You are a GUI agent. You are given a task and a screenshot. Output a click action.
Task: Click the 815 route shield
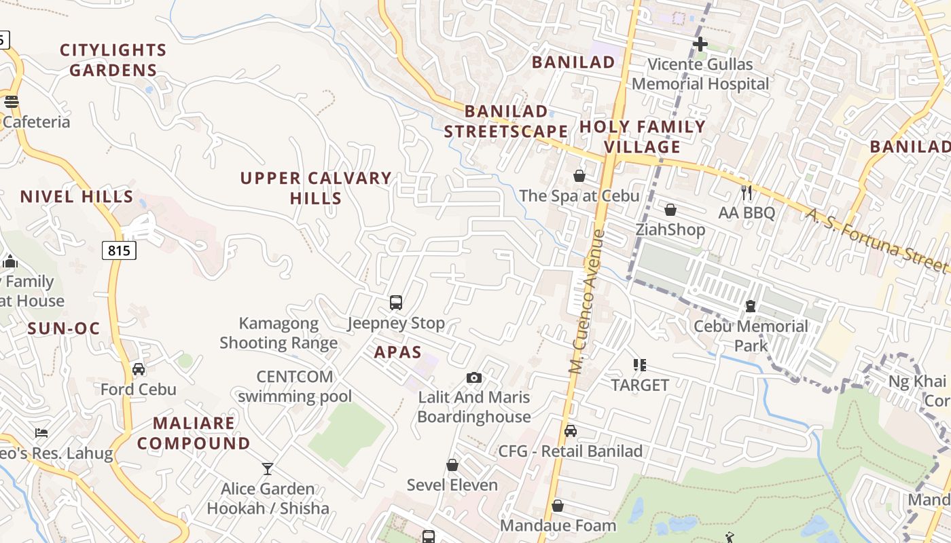tap(119, 250)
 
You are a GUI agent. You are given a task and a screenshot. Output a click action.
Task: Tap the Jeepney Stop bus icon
tap(396, 303)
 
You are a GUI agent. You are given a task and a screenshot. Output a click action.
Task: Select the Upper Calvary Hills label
tap(316, 188)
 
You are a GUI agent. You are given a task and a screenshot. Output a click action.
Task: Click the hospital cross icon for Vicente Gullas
tap(700, 45)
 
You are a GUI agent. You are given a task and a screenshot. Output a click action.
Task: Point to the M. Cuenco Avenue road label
tap(587, 302)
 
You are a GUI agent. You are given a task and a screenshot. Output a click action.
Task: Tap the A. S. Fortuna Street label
tap(876, 240)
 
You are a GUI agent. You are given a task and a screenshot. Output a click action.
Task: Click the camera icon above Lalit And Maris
tap(474, 377)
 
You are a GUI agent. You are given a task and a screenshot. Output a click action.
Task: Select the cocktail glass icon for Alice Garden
tap(268, 468)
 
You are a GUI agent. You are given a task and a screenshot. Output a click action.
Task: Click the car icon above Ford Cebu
tap(139, 369)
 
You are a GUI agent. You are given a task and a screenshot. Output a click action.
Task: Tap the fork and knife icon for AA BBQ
tap(747, 192)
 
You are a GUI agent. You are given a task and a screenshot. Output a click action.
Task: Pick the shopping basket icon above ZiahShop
tap(670, 210)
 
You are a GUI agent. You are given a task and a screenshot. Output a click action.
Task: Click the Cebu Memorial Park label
tap(751, 335)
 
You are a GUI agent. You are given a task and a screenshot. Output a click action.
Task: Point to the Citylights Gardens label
tap(113, 60)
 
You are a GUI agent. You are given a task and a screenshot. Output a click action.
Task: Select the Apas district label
tap(397, 352)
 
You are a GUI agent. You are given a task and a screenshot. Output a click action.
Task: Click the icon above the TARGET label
tap(639, 365)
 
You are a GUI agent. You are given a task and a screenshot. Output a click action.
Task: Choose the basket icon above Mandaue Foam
tap(558, 506)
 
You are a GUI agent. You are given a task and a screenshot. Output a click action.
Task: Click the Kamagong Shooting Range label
tap(279, 333)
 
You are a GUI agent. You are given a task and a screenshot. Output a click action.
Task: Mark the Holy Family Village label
tap(642, 136)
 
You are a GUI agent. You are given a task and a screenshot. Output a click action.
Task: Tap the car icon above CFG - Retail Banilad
tap(571, 431)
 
